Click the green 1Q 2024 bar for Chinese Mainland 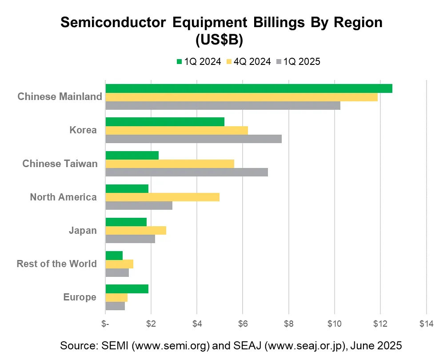249,88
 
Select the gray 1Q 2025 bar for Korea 193,139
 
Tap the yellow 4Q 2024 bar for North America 162,197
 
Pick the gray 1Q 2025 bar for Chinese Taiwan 187,172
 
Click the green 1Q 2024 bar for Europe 127,289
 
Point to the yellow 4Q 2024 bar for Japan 136,230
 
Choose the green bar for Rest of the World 114,256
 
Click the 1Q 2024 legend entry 199,62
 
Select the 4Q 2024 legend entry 248,62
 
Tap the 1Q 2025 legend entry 298,62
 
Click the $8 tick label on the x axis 288,324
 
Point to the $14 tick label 426,324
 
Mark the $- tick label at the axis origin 105,324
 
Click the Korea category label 83,130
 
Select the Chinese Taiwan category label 60,164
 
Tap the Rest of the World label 56,264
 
